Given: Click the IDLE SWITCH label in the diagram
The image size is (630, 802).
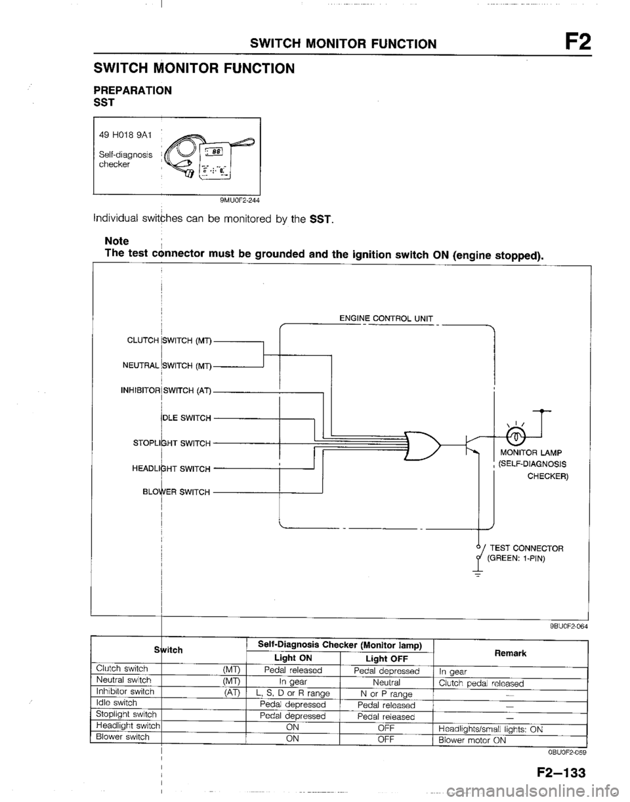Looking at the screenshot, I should [186, 417].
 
